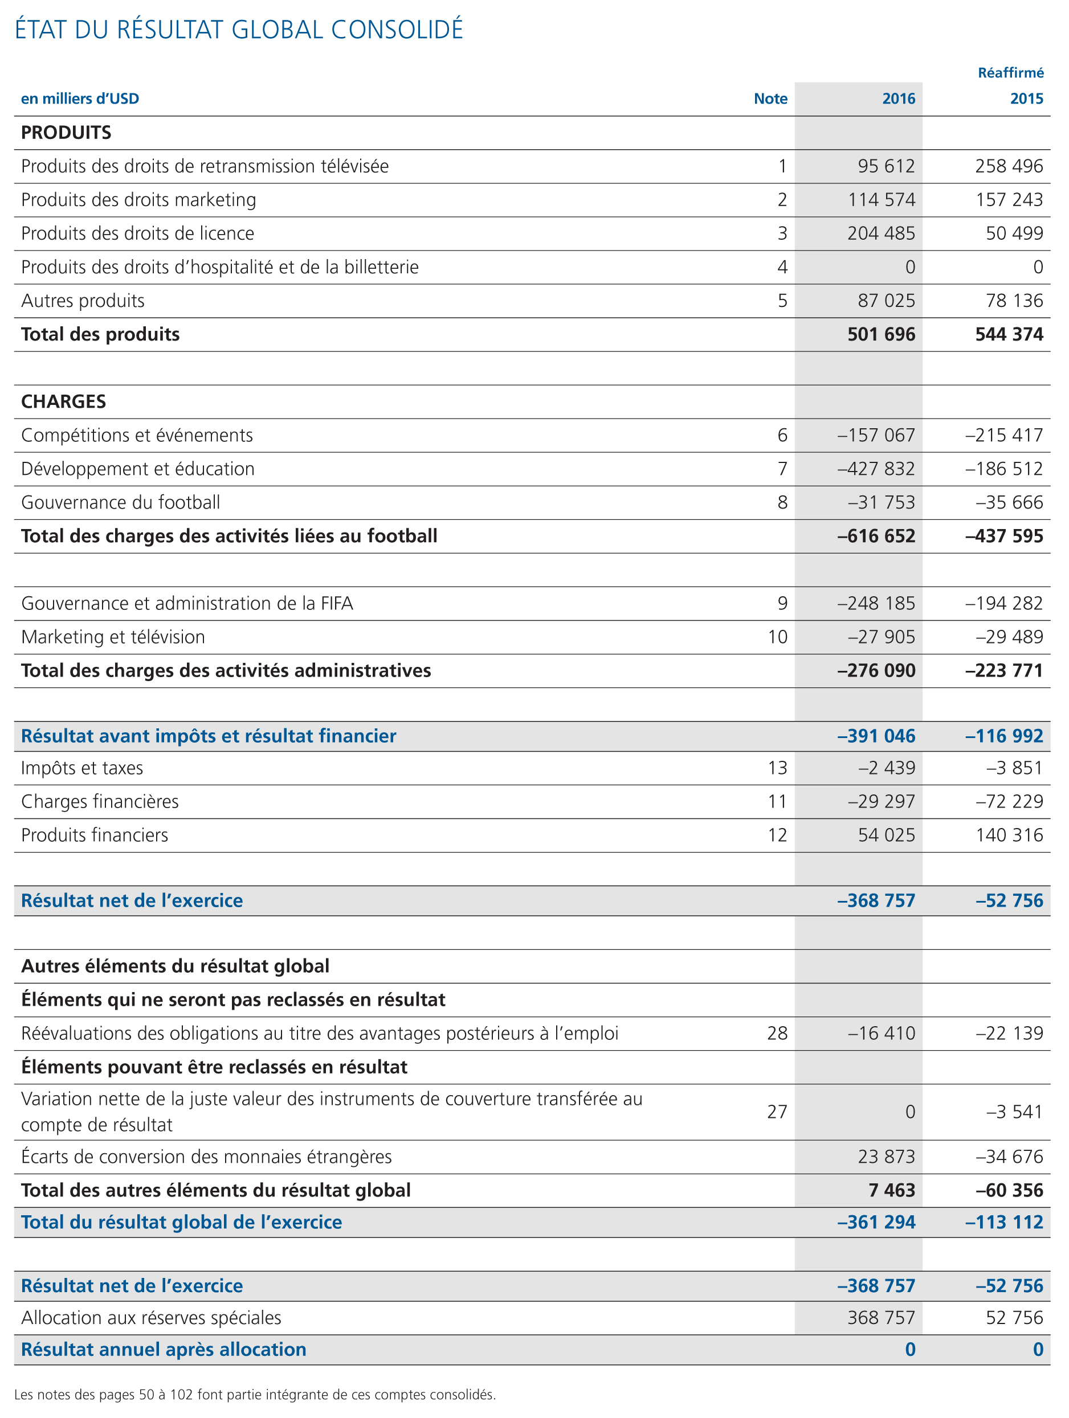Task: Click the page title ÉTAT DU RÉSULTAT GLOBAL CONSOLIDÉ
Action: click(x=239, y=30)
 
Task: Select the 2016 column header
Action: click(x=898, y=99)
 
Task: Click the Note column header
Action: click(x=770, y=99)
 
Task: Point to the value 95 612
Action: click(x=886, y=166)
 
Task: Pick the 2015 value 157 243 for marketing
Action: click(x=1009, y=200)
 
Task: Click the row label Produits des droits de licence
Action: click(x=138, y=233)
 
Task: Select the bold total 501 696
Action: click(x=881, y=334)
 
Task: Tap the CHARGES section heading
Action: click(x=63, y=401)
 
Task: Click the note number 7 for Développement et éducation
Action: click(x=782, y=469)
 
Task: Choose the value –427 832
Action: click(x=876, y=469)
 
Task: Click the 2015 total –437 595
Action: click(x=1004, y=536)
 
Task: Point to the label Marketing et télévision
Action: click(x=113, y=637)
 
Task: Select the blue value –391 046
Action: click(x=876, y=736)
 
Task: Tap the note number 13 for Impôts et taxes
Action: click(x=777, y=768)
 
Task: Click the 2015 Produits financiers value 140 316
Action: click(x=1009, y=835)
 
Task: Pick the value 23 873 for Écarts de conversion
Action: click(x=886, y=1157)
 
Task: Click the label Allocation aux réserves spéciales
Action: click(x=152, y=1317)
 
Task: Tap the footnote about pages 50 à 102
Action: click(x=255, y=1394)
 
